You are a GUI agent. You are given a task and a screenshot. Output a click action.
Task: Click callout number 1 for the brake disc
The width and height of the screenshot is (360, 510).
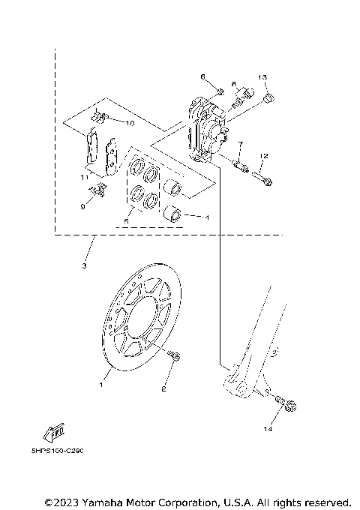click(x=102, y=383)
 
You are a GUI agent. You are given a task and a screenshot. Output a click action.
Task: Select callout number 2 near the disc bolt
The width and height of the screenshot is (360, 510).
click(x=164, y=388)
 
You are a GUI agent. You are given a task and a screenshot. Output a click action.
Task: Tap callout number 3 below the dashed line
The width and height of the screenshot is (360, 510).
click(x=85, y=266)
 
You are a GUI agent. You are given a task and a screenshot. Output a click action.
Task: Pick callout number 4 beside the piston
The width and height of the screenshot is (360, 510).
click(x=206, y=218)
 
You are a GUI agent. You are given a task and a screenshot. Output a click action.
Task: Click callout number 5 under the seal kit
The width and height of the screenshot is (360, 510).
click(x=127, y=222)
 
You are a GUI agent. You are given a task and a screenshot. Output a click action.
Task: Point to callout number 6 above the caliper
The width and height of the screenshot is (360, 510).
click(x=202, y=76)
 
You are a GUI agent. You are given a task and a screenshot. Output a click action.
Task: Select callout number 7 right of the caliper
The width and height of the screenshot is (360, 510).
click(x=240, y=143)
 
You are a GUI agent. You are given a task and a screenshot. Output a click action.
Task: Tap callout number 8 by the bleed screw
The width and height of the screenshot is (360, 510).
click(x=233, y=84)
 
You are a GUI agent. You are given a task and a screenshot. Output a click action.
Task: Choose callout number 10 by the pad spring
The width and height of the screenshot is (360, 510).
click(x=129, y=121)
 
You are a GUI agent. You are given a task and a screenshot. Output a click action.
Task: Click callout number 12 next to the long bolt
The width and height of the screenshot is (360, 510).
click(x=263, y=156)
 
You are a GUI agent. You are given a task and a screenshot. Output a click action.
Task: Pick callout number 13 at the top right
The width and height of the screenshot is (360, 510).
click(x=263, y=78)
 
